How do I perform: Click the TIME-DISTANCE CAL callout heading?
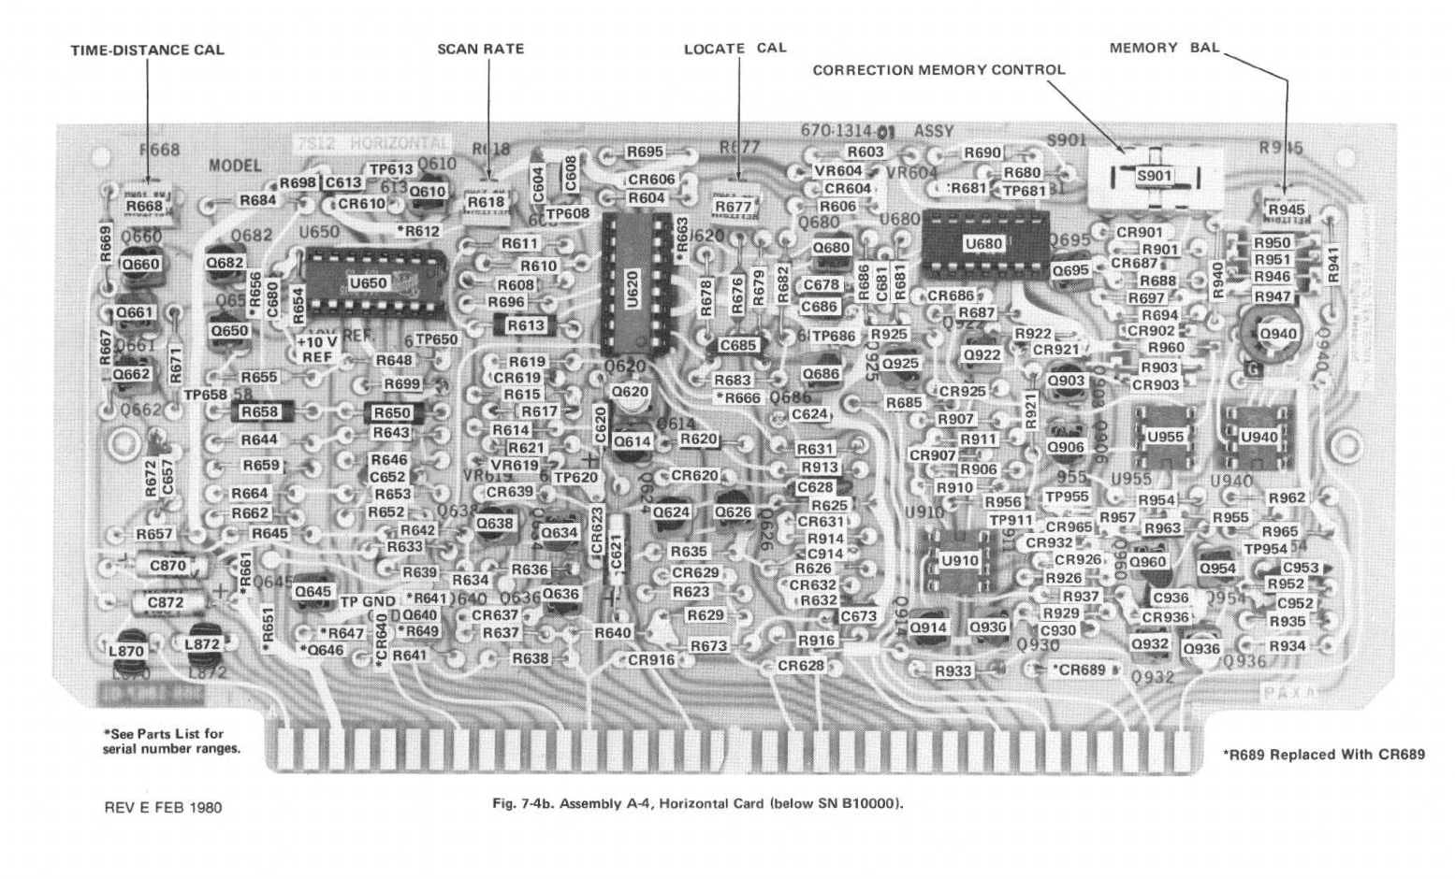[x=147, y=50]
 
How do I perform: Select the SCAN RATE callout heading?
[x=480, y=49]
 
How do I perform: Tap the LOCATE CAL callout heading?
[x=735, y=48]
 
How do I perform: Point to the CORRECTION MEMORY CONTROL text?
[x=938, y=70]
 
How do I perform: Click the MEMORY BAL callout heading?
[x=1164, y=48]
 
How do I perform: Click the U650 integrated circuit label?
[x=367, y=282]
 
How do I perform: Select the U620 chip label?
[x=633, y=287]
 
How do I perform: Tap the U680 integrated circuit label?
[x=982, y=244]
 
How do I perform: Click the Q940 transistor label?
[x=1277, y=334]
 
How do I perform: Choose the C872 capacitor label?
[x=166, y=602]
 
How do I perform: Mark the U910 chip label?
[x=957, y=560]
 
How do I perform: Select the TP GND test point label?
[x=368, y=601]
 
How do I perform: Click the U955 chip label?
[x=1164, y=436]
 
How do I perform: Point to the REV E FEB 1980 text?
[x=162, y=807]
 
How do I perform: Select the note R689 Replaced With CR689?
[x=1323, y=755]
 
